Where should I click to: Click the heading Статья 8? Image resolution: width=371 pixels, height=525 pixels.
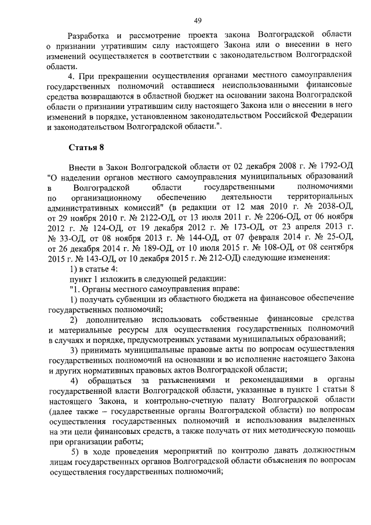[84, 147]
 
